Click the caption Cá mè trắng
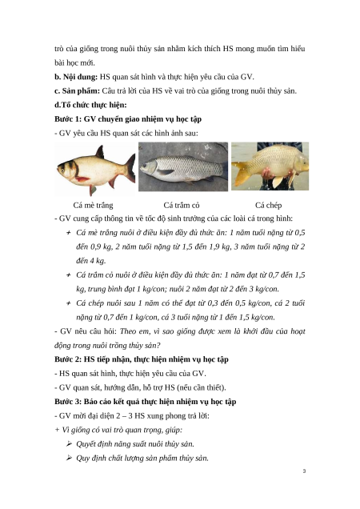93,205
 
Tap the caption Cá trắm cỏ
182,205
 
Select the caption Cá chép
269,205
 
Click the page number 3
304,471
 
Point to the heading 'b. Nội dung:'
76,77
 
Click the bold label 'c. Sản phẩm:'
78,91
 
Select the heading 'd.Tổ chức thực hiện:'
90,105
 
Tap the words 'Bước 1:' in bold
68,119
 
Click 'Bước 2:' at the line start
68,359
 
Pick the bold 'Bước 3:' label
68,402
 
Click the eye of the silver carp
62,169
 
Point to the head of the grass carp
149,166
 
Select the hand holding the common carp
268,173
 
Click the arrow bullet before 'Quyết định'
69,443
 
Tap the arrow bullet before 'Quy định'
69,458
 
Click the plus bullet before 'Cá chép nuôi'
69,303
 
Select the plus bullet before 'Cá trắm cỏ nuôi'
69,275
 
